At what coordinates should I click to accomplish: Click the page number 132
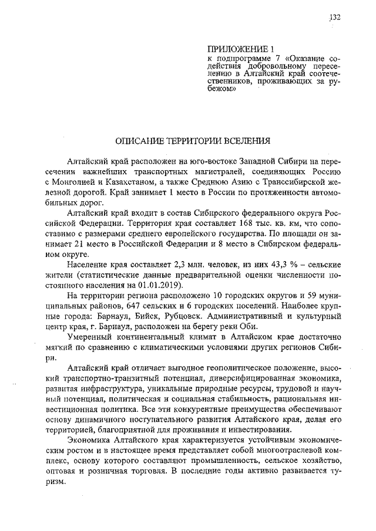coord(335,18)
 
